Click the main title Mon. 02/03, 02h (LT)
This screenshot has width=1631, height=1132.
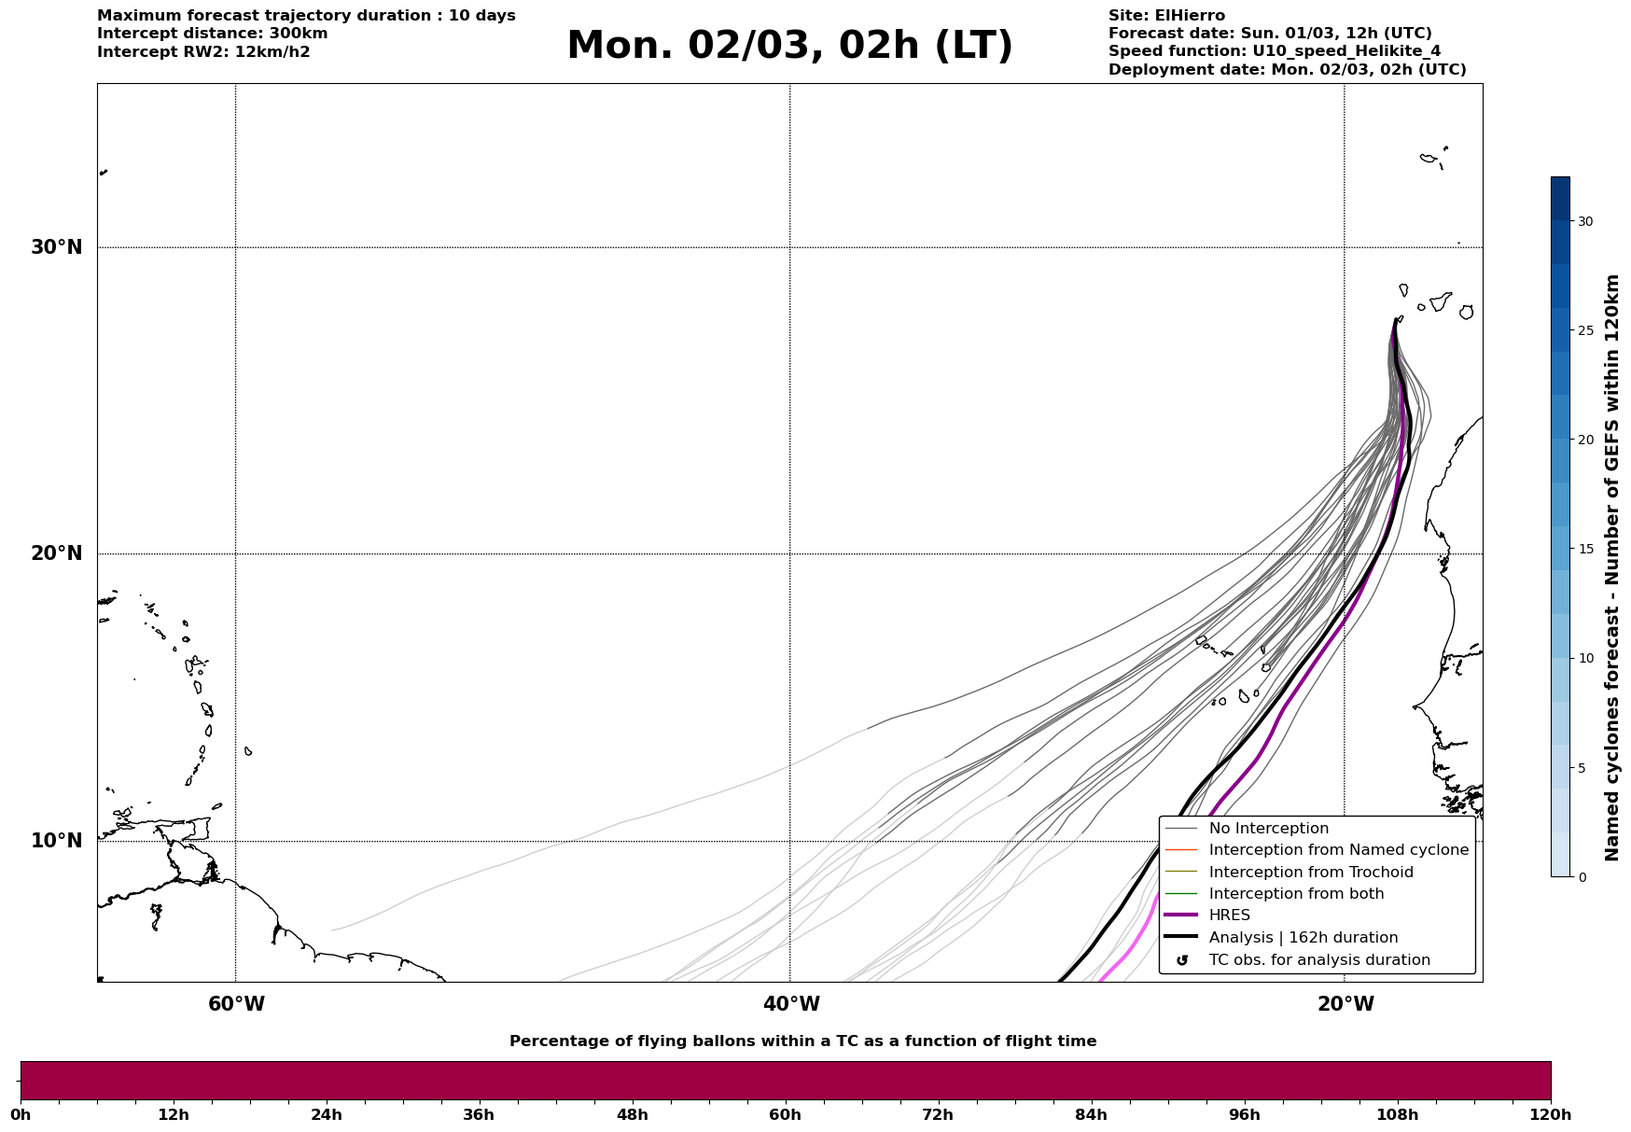tap(789, 46)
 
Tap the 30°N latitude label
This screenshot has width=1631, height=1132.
tap(57, 247)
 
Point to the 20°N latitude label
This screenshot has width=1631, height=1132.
tap(57, 553)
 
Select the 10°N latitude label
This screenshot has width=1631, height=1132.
tap(57, 841)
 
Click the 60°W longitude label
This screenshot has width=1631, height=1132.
tap(236, 1004)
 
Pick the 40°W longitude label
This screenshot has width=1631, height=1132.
tap(791, 1004)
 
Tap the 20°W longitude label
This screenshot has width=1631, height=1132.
tap(1345, 1004)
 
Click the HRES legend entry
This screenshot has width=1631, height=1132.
tap(1229, 915)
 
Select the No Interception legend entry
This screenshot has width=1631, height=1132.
tap(1268, 829)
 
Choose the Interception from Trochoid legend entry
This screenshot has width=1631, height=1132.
tap(1310, 873)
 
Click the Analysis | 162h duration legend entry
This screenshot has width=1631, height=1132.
tap(1303, 938)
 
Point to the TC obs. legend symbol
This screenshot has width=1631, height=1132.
tap(1182, 960)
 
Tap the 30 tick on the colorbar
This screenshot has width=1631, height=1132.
tap(1584, 221)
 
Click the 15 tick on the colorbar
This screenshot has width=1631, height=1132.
tap(1584, 549)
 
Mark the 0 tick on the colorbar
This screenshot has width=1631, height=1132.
tap(1582, 876)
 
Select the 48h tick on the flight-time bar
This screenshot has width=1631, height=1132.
tap(632, 1114)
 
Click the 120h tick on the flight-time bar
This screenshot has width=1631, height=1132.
tap(1551, 1114)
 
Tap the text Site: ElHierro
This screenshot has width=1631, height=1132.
tap(1166, 16)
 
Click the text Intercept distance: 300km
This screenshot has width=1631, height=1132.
tap(212, 34)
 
